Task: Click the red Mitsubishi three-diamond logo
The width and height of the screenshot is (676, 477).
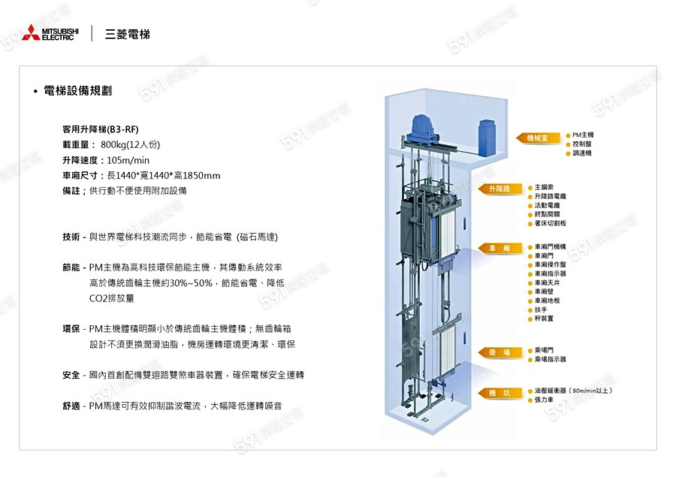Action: tap(31, 33)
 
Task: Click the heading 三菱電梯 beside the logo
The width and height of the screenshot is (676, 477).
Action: tap(128, 35)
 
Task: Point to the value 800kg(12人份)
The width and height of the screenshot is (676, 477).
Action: tap(130, 144)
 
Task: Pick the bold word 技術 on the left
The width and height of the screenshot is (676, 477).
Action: tap(72, 237)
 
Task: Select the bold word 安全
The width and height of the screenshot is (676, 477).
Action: tap(72, 374)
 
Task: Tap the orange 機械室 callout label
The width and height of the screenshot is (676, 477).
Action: tap(538, 138)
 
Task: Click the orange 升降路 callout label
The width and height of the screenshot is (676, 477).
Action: tap(499, 189)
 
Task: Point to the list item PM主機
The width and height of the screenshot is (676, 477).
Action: tap(584, 134)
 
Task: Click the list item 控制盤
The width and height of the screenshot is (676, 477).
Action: tap(582, 143)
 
